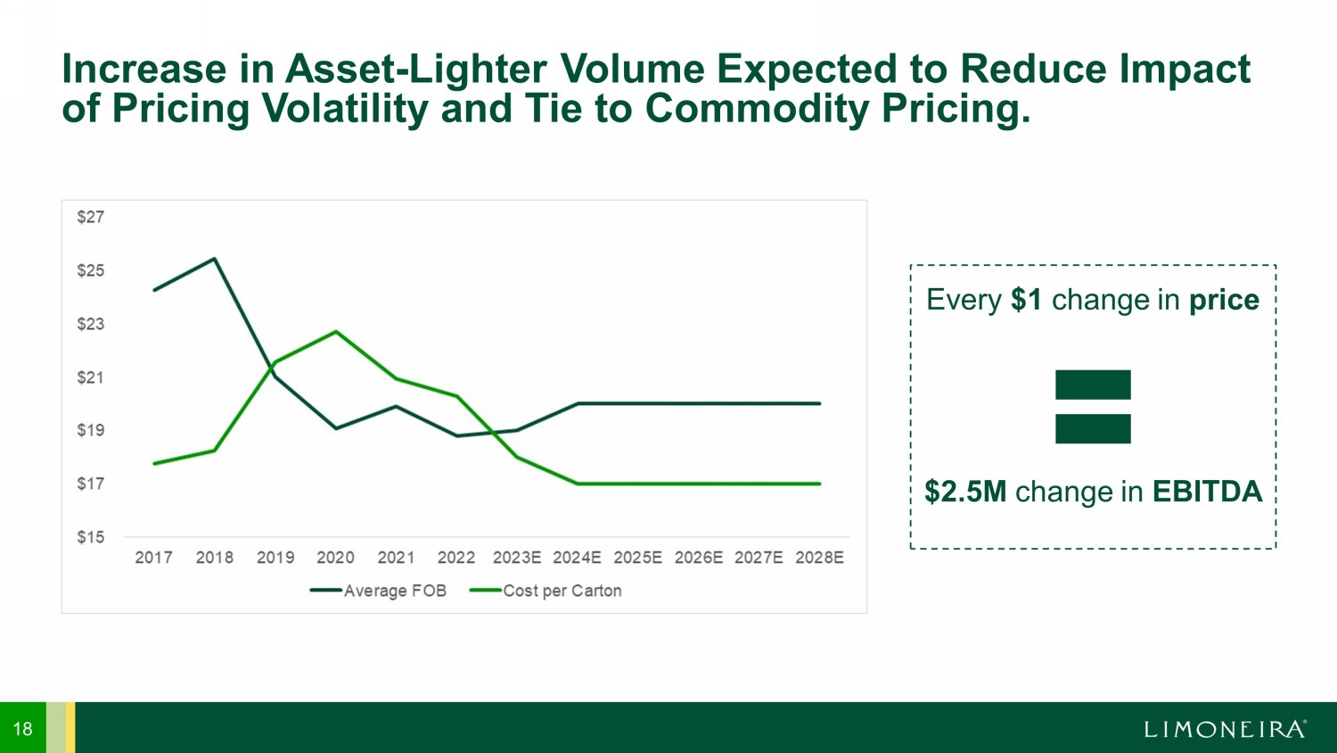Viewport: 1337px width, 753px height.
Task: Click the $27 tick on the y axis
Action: (x=90, y=217)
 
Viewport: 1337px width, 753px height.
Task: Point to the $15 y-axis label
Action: (x=90, y=537)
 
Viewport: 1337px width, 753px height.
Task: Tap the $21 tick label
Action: (x=90, y=377)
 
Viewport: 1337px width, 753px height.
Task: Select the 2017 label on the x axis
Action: (x=153, y=558)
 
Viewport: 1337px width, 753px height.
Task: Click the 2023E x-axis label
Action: (x=517, y=558)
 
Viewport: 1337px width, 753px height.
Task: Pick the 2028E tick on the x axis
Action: (x=819, y=558)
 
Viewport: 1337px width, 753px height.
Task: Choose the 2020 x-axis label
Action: (x=335, y=558)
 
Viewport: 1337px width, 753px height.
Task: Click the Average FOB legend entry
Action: (x=379, y=591)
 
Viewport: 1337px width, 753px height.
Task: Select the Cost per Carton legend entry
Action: (x=545, y=591)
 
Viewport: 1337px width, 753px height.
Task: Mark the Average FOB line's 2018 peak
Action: (x=215, y=259)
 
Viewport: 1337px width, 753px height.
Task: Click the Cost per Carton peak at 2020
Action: (x=335, y=332)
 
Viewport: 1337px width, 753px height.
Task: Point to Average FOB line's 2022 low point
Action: (x=456, y=435)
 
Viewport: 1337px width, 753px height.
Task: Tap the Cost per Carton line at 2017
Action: (x=154, y=463)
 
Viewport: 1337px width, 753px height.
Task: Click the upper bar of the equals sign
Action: (x=1093, y=385)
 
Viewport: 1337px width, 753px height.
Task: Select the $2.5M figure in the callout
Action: (x=965, y=492)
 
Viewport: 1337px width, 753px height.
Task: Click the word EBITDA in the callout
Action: (x=1207, y=492)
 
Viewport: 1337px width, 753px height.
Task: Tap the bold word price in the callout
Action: (x=1224, y=300)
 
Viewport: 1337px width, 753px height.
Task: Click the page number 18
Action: (x=22, y=729)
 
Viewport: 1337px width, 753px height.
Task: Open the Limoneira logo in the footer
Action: (x=1226, y=729)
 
